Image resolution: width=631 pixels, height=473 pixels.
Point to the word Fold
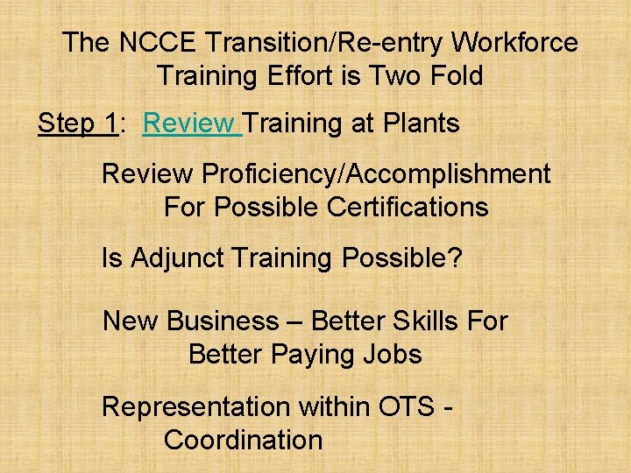point(453,75)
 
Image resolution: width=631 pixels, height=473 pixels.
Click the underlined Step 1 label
point(77,124)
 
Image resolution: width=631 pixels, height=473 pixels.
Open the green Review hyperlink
point(189,124)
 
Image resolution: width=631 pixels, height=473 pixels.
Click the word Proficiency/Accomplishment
point(376,174)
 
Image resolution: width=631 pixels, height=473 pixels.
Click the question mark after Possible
point(454,258)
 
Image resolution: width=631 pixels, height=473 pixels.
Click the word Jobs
point(393,355)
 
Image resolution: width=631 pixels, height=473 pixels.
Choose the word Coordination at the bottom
point(243,440)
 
